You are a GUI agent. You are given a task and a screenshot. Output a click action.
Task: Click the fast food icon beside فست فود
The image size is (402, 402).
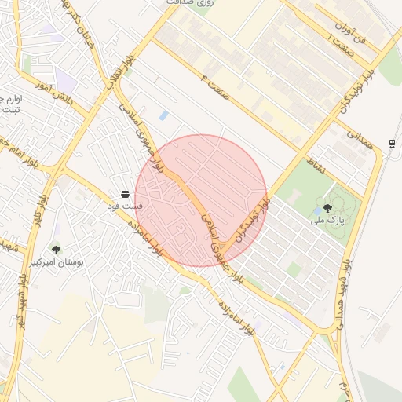pos(124,194)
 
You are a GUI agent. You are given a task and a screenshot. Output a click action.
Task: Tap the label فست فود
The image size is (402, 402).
pos(125,206)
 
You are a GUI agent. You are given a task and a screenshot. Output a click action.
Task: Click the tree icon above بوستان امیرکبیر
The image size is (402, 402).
pos(56,250)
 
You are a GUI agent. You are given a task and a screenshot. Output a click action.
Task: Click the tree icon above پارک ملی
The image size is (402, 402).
pos(327,208)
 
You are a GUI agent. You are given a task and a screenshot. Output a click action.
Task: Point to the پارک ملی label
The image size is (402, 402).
pos(327,221)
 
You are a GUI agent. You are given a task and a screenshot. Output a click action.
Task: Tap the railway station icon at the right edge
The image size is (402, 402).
pos(392,143)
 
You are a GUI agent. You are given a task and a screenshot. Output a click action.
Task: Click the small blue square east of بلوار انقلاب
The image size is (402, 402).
pos(163,115)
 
